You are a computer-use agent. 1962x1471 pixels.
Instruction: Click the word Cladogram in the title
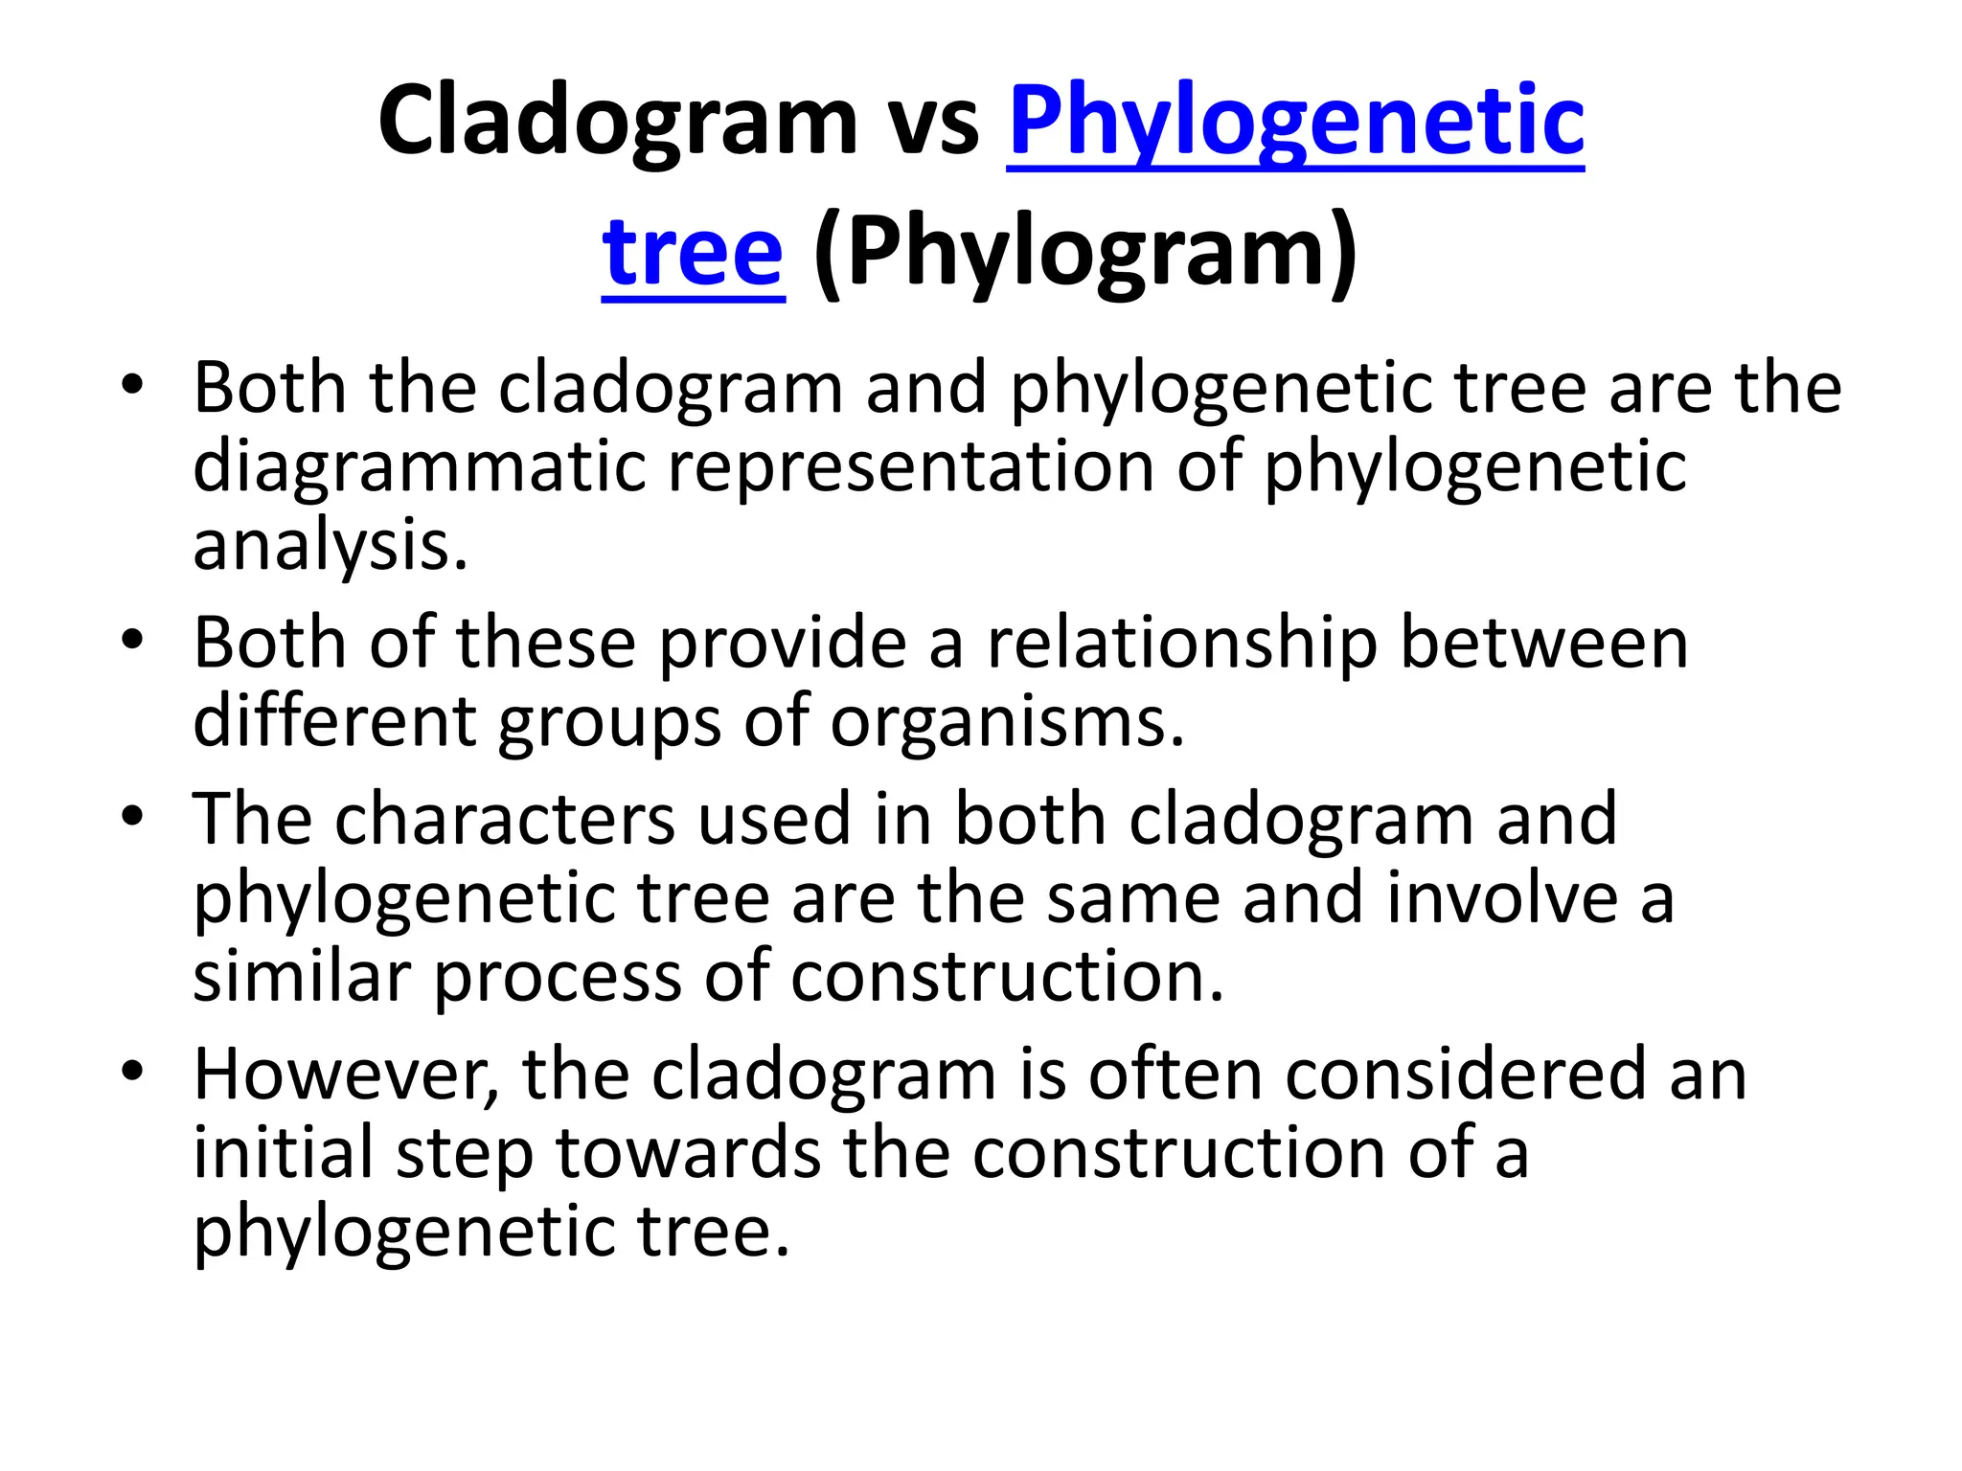point(617,122)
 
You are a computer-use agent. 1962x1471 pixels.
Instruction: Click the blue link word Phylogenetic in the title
point(1295,122)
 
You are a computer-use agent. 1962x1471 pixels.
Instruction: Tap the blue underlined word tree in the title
point(693,253)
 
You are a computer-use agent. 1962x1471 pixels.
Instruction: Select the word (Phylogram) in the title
point(1085,253)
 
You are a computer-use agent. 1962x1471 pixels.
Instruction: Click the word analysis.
point(331,546)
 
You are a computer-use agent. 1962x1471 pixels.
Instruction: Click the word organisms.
point(1007,721)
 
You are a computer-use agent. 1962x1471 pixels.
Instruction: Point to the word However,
point(346,1075)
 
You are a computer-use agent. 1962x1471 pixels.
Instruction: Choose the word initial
point(283,1152)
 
